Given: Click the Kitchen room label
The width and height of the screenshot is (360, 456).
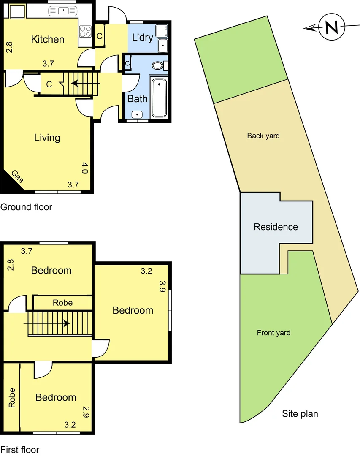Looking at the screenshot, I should pos(48,39).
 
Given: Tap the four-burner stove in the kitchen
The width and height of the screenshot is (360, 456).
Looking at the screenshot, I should pos(86,32).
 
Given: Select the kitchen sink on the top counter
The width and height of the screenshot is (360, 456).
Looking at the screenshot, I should pos(62,10).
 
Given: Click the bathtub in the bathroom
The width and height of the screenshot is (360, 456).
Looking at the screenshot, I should pos(159,98).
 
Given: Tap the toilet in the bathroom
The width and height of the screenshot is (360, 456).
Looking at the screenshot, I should pos(158,66).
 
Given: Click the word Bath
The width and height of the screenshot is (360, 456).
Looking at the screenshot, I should pos(138,99).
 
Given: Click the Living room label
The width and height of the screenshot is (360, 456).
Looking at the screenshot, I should pos(47,138).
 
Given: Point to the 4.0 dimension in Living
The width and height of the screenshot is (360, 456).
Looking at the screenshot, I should pos(84,168).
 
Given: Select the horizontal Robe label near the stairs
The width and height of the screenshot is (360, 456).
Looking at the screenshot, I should pos(62,303).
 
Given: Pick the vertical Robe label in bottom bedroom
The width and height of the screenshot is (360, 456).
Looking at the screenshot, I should pos(12,397).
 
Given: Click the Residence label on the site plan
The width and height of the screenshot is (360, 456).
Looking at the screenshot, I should pos(276,227).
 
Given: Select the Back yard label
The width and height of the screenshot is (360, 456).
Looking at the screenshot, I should pos(263,136).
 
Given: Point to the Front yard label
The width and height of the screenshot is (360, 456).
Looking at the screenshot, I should pos(273,333).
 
